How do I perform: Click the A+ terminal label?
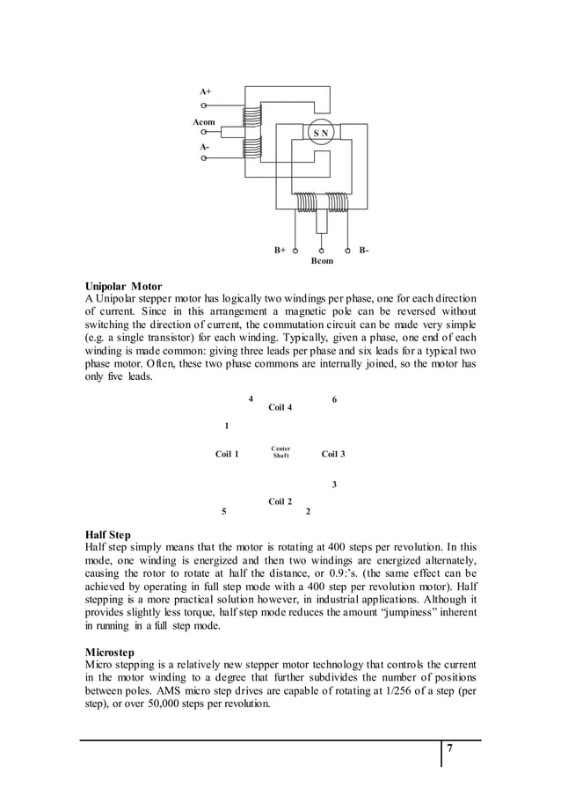pos(205,91)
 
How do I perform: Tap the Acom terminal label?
pos(204,122)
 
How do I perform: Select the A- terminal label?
pos(204,147)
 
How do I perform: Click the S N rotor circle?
pos(320,133)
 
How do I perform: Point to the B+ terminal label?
pos(280,251)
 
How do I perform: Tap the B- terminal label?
pos(363,251)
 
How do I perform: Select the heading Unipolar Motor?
pos(123,287)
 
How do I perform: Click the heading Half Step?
pos(107,534)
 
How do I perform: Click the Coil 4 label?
pos(280,407)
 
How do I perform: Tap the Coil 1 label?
pos(227,454)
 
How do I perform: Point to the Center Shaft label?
pos(280,452)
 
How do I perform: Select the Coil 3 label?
pos(333,454)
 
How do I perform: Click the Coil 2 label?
pos(280,501)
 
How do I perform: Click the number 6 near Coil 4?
pos(334,399)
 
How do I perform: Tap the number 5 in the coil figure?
pos(223,511)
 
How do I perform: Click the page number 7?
pos(449,748)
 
